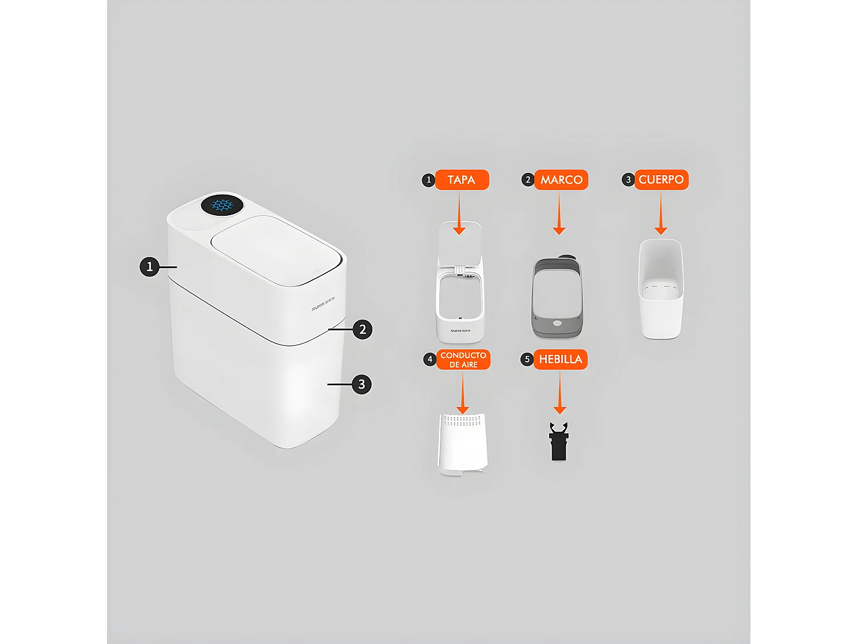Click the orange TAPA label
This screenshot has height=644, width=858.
click(x=462, y=180)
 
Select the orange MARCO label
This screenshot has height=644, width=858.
click(x=561, y=180)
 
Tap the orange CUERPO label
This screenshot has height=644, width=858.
click(x=661, y=180)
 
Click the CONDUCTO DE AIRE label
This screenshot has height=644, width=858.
click(x=463, y=359)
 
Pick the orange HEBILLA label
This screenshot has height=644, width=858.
click(x=560, y=359)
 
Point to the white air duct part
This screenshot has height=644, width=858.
click(x=462, y=444)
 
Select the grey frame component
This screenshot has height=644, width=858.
click(x=557, y=298)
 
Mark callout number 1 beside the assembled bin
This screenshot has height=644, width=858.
click(x=150, y=267)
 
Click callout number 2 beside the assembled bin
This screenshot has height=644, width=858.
click(x=363, y=329)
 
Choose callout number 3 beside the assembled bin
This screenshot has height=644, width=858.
click(x=362, y=384)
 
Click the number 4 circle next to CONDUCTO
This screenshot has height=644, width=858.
click(x=430, y=359)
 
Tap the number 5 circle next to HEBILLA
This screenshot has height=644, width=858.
click(x=527, y=359)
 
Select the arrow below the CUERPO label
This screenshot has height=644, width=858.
click(x=661, y=214)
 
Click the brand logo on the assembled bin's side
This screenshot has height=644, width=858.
click(x=323, y=304)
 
